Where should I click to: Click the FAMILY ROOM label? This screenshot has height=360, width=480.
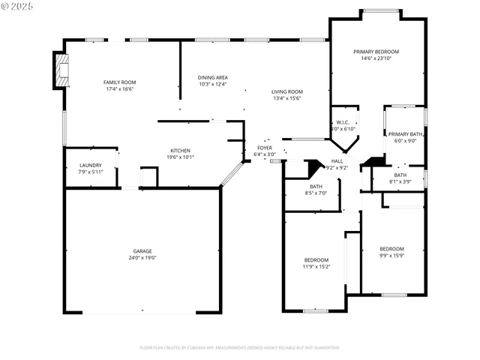click(x=119, y=82)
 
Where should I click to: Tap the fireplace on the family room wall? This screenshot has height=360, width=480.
click(x=60, y=70)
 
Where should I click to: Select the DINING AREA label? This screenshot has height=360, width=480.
click(x=213, y=77)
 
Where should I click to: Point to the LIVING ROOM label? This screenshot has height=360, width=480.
click(x=287, y=91)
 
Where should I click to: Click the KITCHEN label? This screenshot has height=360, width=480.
click(x=179, y=151)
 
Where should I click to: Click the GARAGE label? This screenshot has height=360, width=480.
click(x=142, y=251)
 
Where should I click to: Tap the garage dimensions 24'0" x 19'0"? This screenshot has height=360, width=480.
click(x=142, y=258)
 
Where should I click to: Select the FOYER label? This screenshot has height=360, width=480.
click(x=265, y=148)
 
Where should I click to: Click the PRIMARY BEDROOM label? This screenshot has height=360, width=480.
click(x=376, y=52)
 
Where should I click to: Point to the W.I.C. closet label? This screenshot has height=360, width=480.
click(x=342, y=122)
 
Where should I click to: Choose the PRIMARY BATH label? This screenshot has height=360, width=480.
click(x=405, y=133)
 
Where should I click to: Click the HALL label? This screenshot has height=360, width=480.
click(x=337, y=161)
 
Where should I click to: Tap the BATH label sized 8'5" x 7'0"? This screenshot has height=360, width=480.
click(x=316, y=187)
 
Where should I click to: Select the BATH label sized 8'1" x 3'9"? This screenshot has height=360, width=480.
click(x=400, y=175)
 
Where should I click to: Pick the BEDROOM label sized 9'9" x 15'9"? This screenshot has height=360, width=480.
click(x=391, y=249)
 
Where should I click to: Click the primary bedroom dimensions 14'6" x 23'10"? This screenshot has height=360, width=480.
click(x=376, y=58)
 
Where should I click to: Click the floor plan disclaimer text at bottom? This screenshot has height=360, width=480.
click(x=239, y=347)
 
